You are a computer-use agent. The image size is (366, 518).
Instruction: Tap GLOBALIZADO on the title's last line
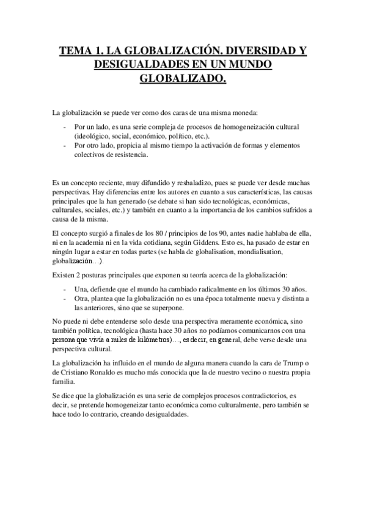click(x=183, y=79)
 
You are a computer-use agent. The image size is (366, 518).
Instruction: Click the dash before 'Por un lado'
click(x=65, y=126)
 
